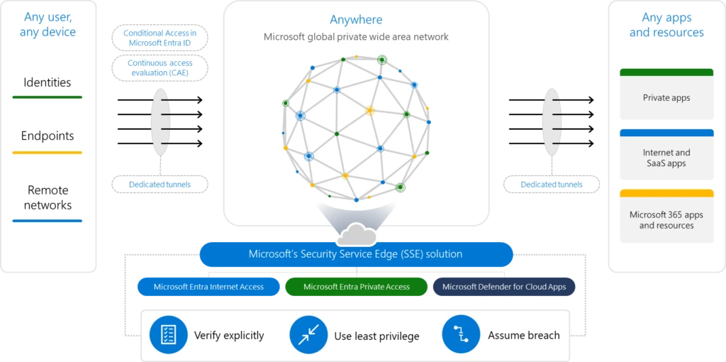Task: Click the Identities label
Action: tap(48, 82)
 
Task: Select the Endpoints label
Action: tap(48, 136)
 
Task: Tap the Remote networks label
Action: tap(48, 197)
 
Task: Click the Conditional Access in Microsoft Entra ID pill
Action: tap(160, 38)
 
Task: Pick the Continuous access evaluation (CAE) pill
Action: tap(160, 67)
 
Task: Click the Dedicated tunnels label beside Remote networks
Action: tap(160, 185)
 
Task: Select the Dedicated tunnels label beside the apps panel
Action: tap(551, 185)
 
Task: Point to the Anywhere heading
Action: tap(356, 20)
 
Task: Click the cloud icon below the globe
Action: tap(356, 234)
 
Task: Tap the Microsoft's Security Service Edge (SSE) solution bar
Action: tap(356, 254)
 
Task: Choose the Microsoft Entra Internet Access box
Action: tap(209, 287)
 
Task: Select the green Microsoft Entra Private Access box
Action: tap(357, 287)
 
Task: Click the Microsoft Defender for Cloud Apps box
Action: tap(504, 287)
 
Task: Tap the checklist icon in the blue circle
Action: tap(169, 334)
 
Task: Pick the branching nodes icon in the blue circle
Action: tap(460, 334)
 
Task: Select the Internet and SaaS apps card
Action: tap(666, 158)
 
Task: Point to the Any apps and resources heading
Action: tap(666, 25)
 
